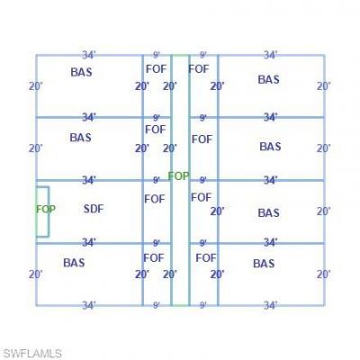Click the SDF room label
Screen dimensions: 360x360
pyautogui.click(x=94, y=209)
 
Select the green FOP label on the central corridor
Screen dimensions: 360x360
pyautogui.click(x=179, y=176)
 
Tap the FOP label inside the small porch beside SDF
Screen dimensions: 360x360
pyautogui.click(x=46, y=209)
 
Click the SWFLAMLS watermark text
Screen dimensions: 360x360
pyautogui.click(x=32, y=354)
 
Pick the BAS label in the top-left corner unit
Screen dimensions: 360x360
pyautogui.click(x=81, y=72)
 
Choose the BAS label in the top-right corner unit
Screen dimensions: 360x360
pyautogui.click(x=269, y=80)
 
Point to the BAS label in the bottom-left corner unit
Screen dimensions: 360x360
pyautogui.click(x=74, y=263)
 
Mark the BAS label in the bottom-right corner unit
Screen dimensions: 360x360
pyautogui.click(x=264, y=264)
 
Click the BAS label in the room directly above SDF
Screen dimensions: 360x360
pyautogui.click(x=81, y=138)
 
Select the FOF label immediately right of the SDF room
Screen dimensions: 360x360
pyautogui.click(x=155, y=199)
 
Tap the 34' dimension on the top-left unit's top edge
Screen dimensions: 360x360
pyautogui.click(x=89, y=55)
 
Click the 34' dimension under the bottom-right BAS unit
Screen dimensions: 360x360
pyautogui.click(x=270, y=305)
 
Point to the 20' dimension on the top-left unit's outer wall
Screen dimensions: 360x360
pyautogui.click(x=36, y=86)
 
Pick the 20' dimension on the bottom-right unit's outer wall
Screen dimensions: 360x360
pyautogui.click(x=324, y=274)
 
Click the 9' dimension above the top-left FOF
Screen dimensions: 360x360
pyautogui.click(x=157, y=55)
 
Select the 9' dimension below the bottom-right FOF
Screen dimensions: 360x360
pyautogui.click(x=203, y=305)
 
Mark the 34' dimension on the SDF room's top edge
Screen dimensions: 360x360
pyautogui.click(x=89, y=180)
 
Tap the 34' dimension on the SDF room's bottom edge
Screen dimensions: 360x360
pyautogui.click(x=89, y=242)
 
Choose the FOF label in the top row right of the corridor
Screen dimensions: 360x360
pyautogui.click(x=199, y=69)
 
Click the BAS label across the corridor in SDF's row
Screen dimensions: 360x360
pyautogui.click(x=269, y=213)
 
